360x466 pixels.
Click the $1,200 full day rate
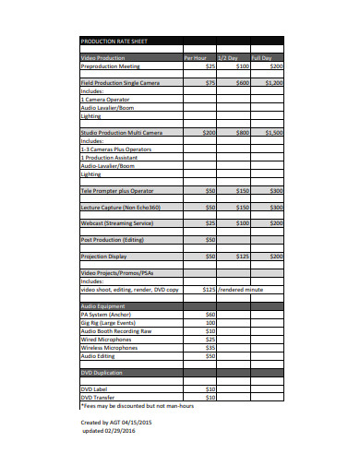(x=273, y=83)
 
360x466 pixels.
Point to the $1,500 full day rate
(x=273, y=133)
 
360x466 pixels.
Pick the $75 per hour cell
(x=210, y=83)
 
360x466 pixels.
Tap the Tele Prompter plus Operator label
(x=119, y=190)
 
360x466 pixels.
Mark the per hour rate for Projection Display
(x=210, y=256)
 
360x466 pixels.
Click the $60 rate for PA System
(x=210, y=314)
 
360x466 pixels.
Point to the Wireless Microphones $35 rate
(x=210, y=347)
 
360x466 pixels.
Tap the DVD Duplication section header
(x=106, y=372)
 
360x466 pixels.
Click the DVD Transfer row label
(x=102, y=397)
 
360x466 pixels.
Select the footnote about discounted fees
(x=139, y=405)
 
